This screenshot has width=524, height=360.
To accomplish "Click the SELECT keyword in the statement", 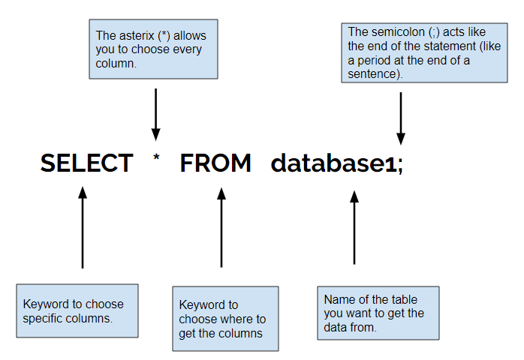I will [86, 163].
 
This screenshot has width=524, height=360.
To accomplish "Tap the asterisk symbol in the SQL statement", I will [156, 159].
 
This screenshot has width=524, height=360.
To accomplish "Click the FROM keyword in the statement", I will [215, 163].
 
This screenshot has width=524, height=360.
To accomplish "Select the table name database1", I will [332, 163].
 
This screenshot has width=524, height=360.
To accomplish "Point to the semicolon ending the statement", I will [400, 165].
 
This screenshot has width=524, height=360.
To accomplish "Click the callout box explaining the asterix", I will [153, 49].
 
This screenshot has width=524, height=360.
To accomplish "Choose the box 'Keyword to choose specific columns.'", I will [77, 310].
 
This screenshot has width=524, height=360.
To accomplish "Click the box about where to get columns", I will [225, 319].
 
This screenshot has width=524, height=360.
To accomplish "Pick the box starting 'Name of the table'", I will [378, 313].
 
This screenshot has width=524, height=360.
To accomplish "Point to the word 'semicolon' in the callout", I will [395, 32].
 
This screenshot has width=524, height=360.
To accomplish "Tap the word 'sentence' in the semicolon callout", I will [372, 74].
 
